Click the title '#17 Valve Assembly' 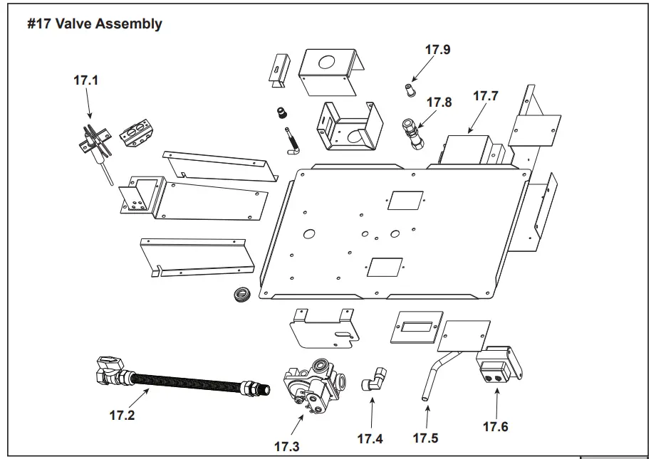94,24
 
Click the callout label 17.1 85,80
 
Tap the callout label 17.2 121,416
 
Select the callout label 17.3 286,447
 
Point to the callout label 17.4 370,438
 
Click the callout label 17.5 425,438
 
